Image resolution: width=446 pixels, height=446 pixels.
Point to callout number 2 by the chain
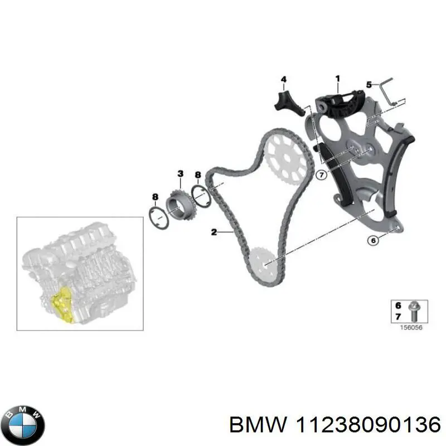click(214, 232)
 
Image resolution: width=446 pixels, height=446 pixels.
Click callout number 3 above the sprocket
click(180, 174)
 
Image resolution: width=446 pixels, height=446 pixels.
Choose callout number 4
click(283, 80)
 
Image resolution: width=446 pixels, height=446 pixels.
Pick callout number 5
click(369, 85)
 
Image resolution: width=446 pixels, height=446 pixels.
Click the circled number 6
click(374, 241)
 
